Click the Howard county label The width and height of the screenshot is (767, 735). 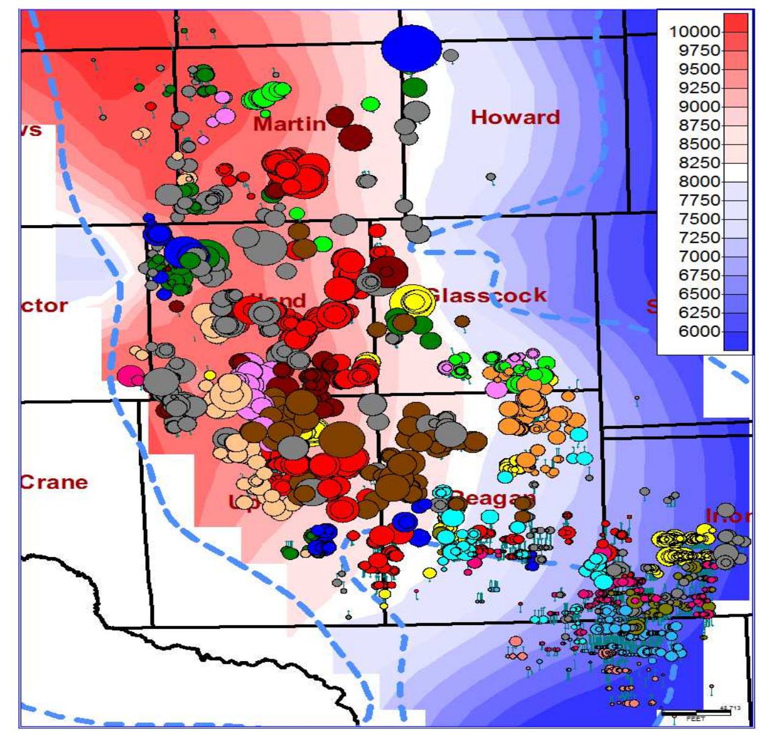coord(515,117)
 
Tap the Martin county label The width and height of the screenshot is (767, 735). coord(290,124)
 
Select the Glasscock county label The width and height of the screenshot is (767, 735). coord(488,295)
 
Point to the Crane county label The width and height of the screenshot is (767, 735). coord(55,482)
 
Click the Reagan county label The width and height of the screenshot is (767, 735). coord(494,498)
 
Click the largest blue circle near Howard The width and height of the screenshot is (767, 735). coord(412,48)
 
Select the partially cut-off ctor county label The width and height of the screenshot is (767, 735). coord(45,305)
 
